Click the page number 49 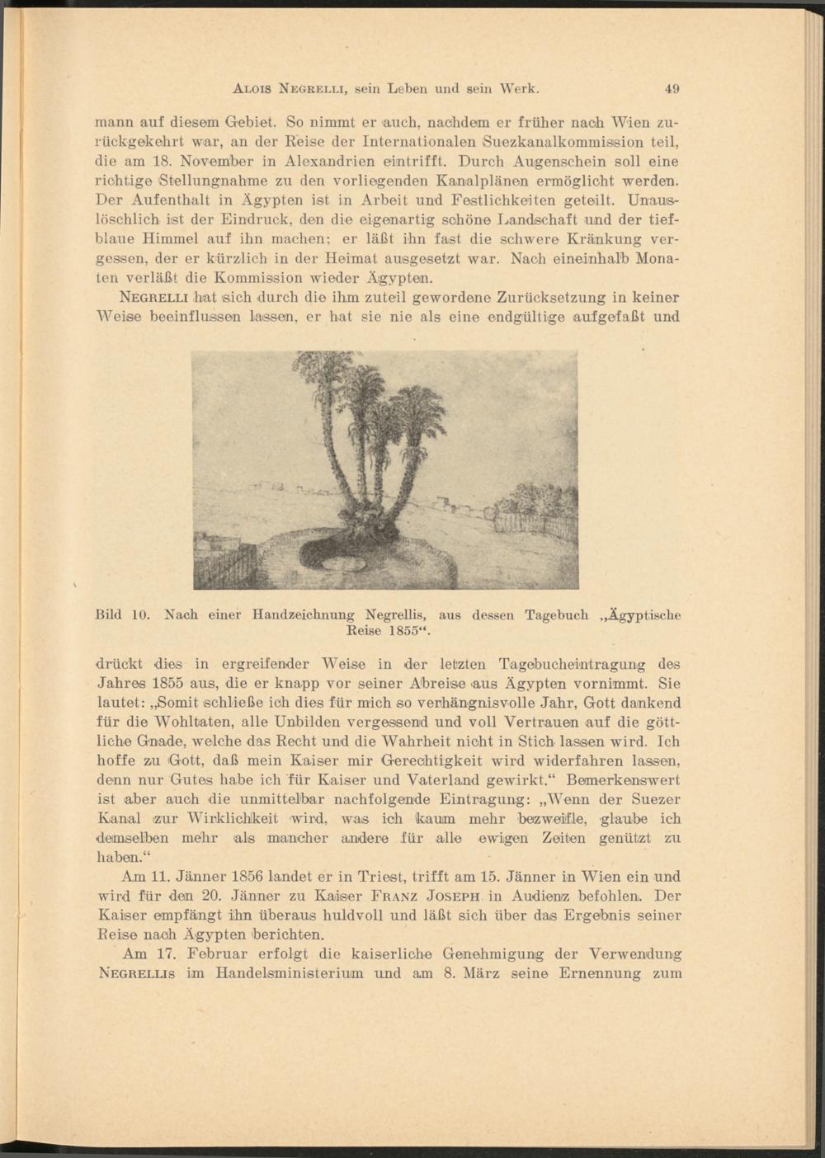673,89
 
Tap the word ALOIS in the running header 253,89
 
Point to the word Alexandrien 337,162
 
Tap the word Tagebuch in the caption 557,614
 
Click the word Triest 400,877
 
